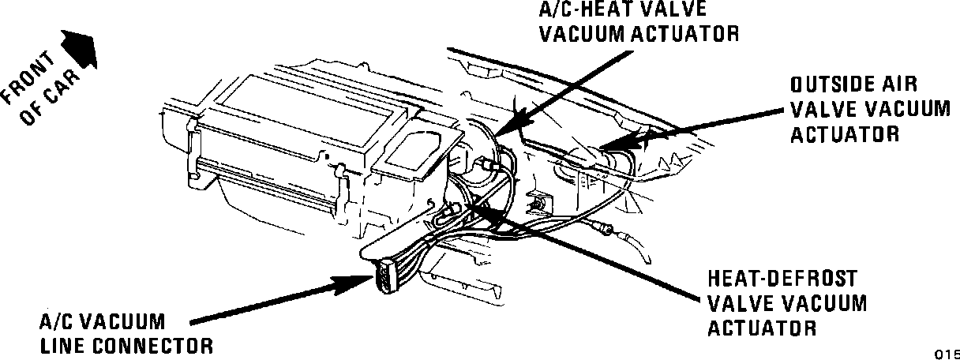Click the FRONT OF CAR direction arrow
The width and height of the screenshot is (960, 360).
click(79, 49)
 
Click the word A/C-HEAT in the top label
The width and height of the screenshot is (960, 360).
click(585, 9)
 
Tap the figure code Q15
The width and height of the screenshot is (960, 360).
click(948, 353)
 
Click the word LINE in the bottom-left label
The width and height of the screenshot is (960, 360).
click(65, 345)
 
